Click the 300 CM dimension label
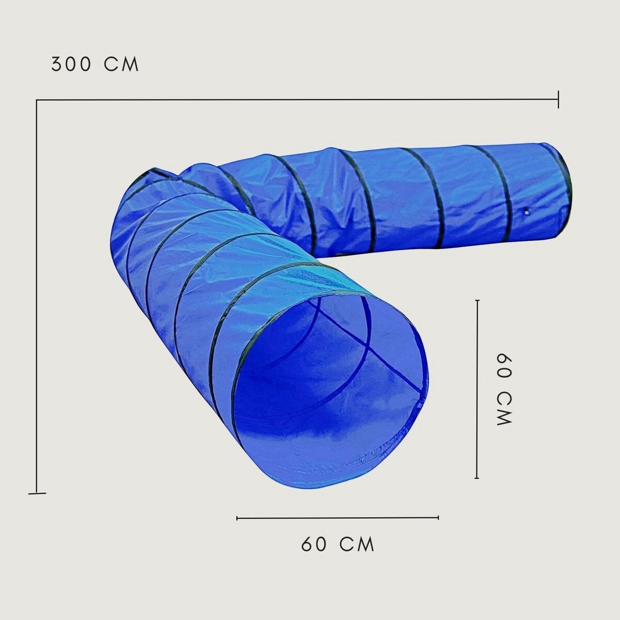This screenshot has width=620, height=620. coord(95,65)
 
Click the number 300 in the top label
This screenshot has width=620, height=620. coord(70,65)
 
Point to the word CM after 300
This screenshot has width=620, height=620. coord(121,65)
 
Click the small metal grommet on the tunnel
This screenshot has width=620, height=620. coord(526,212)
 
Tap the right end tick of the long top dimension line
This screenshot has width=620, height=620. coord(558,99)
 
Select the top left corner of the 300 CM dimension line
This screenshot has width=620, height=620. coord(37,100)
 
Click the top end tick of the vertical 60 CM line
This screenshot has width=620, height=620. coord(477,300)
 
